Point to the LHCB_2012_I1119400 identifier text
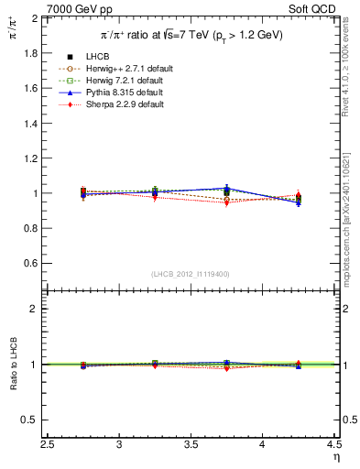coord(191,274)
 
